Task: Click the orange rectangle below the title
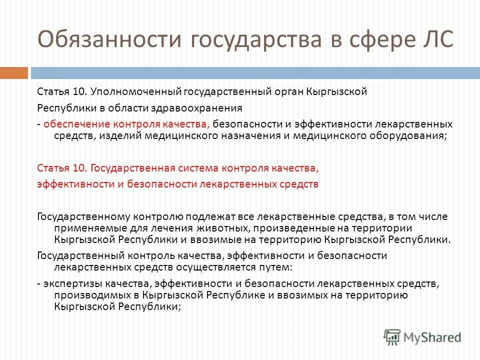click(13, 73)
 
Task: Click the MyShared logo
click(422, 336)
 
